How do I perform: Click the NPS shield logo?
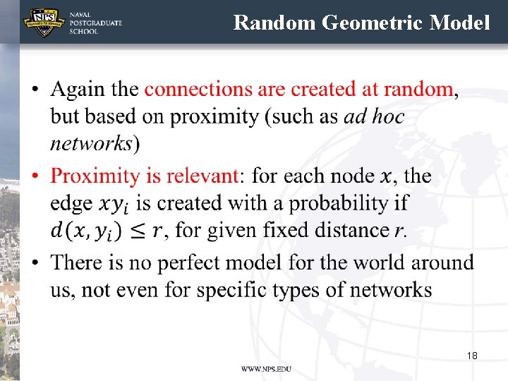click(44, 23)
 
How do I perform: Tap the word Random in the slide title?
click(274, 23)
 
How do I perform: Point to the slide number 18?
click(472, 356)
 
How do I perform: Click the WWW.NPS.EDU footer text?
click(265, 369)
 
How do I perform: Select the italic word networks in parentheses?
click(90, 144)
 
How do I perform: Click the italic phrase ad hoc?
click(375, 116)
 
